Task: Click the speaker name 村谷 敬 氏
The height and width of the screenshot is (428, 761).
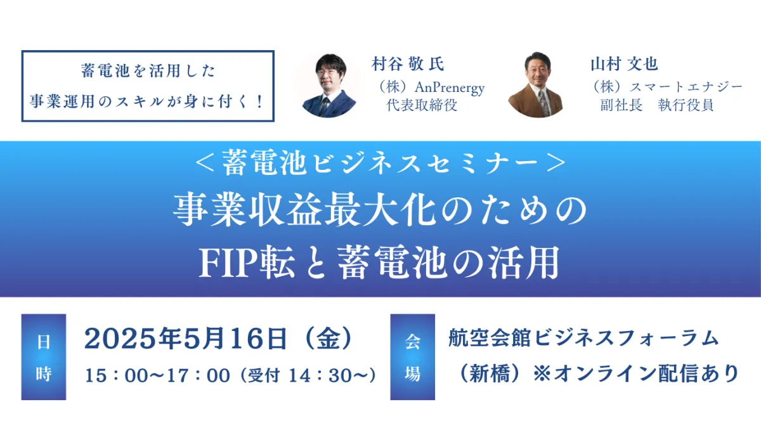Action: click(x=408, y=64)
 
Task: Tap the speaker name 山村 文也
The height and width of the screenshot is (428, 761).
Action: click(x=625, y=64)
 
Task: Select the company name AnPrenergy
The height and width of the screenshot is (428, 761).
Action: click(x=450, y=88)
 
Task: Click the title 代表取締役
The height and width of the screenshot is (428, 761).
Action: click(x=422, y=105)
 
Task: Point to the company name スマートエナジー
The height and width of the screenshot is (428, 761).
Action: click(x=686, y=88)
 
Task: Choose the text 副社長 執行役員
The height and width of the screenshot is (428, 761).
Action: click(x=657, y=105)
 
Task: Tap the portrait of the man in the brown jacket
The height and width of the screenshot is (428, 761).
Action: click(x=537, y=85)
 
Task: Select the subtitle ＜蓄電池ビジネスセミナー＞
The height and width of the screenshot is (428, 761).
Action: click(x=380, y=163)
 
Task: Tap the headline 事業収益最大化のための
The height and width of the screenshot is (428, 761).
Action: click(x=380, y=211)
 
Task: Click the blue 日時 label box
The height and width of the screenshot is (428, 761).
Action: click(x=44, y=356)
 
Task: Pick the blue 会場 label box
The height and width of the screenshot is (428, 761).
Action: click(x=412, y=356)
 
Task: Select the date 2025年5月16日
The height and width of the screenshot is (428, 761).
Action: click(x=186, y=339)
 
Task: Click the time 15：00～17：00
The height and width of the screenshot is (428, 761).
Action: click(x=157, y=375)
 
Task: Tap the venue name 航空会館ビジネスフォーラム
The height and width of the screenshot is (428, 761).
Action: click(x=583, y=338)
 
